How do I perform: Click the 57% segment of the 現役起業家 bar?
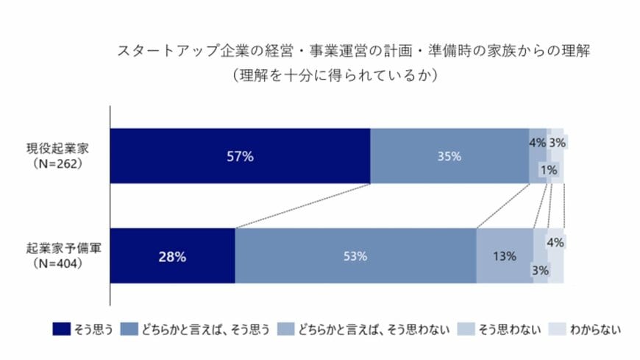click(x=240, y=156)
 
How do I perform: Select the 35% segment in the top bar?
click(x=449, y=156)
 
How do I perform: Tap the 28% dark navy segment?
click(x=172, y=256)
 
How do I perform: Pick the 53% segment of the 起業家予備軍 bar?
click(x=355, y=256)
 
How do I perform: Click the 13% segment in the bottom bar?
click(x=504, y=256)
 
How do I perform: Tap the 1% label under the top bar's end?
click(x=548, y=170)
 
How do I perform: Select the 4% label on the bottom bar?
click(x=555, y=241)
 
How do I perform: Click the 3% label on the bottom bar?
click(x=540, y=270)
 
